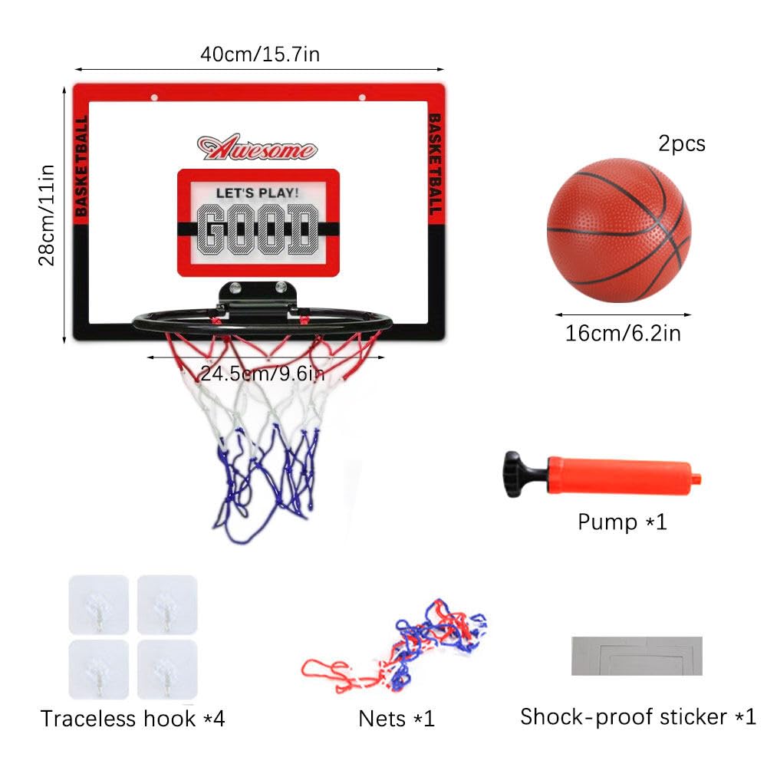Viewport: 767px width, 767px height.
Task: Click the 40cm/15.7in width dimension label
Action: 260,54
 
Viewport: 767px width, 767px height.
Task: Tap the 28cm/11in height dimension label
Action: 47,216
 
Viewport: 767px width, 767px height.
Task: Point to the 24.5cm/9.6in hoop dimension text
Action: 262,374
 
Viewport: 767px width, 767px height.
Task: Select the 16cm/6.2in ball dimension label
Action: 623,334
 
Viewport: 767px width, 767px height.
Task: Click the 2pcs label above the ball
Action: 682,144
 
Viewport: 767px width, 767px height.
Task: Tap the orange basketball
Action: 619,230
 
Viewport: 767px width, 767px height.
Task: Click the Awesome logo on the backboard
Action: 257,147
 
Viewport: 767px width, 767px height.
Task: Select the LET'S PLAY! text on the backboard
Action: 257,193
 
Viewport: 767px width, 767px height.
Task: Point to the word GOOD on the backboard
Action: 258,229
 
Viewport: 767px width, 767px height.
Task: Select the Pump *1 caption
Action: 622,522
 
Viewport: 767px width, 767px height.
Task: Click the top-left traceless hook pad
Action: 99,604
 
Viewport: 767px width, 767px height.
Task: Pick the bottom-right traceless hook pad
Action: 167,669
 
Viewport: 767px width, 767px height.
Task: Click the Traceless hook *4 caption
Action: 133,719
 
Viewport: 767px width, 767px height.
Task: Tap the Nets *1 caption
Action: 397,719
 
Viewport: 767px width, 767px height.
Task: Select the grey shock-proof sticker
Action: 637,656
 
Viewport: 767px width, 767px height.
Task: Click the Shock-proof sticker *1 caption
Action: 638,717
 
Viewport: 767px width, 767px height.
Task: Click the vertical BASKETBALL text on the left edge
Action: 82,166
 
